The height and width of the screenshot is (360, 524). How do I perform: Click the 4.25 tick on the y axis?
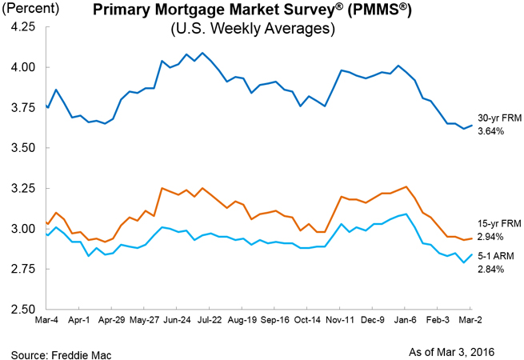coord(22,26)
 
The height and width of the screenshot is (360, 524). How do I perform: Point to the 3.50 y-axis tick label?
coord(22,148)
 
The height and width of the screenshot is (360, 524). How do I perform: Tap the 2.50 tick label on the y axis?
coord(22,310)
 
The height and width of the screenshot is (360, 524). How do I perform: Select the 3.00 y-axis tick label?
coord(22,229)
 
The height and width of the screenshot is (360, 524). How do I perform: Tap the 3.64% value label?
coord(491,130)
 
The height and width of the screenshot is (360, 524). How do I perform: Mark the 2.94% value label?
coord(491,238)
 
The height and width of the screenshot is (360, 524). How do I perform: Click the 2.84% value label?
coord(491,270)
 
